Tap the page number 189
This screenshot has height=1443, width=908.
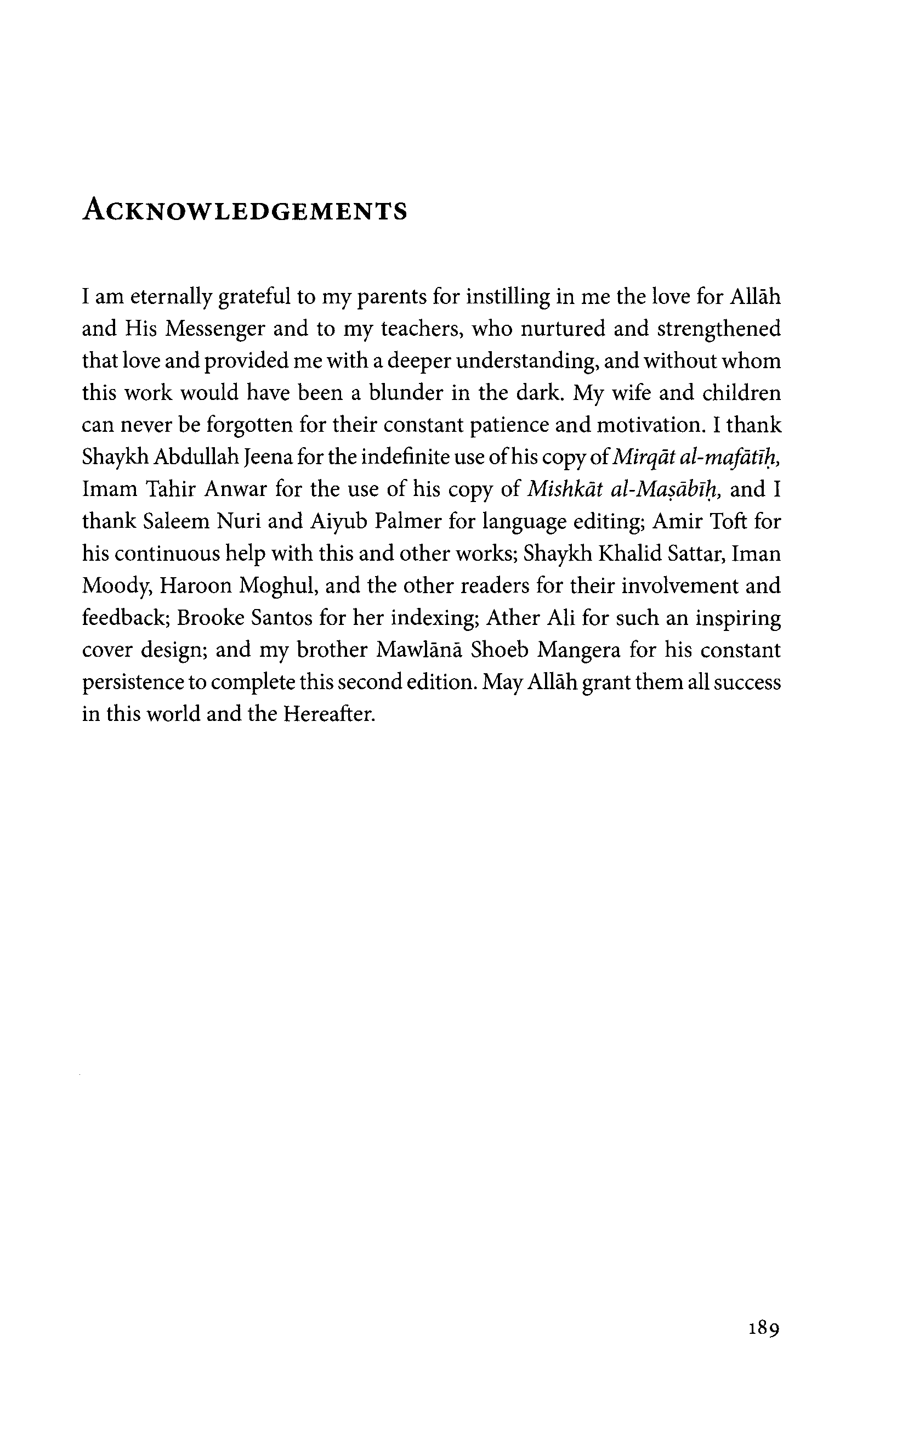pyautogui.click(x=764, y=1329)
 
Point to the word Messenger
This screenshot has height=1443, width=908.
pyautogui.click(x=215, y=329)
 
